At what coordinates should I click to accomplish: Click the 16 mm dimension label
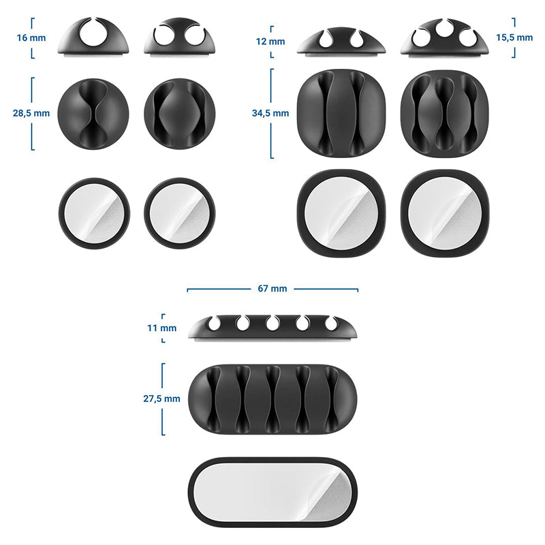coord(31,37)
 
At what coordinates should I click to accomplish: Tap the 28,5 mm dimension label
coord(31,113)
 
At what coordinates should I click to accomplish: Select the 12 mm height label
coord(270,42)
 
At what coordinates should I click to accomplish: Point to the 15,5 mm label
coord(514,37)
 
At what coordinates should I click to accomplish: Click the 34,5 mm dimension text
coord(270,113)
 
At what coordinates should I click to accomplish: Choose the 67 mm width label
coord(272,288)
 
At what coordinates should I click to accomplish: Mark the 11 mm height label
coord(162,328)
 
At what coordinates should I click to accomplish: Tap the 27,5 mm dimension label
coord(162,399)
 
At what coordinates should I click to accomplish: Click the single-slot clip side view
coord(93,37)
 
